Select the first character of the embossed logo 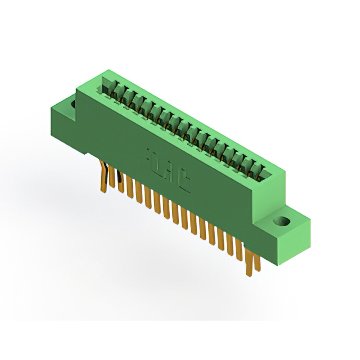[x=151, y=155]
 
